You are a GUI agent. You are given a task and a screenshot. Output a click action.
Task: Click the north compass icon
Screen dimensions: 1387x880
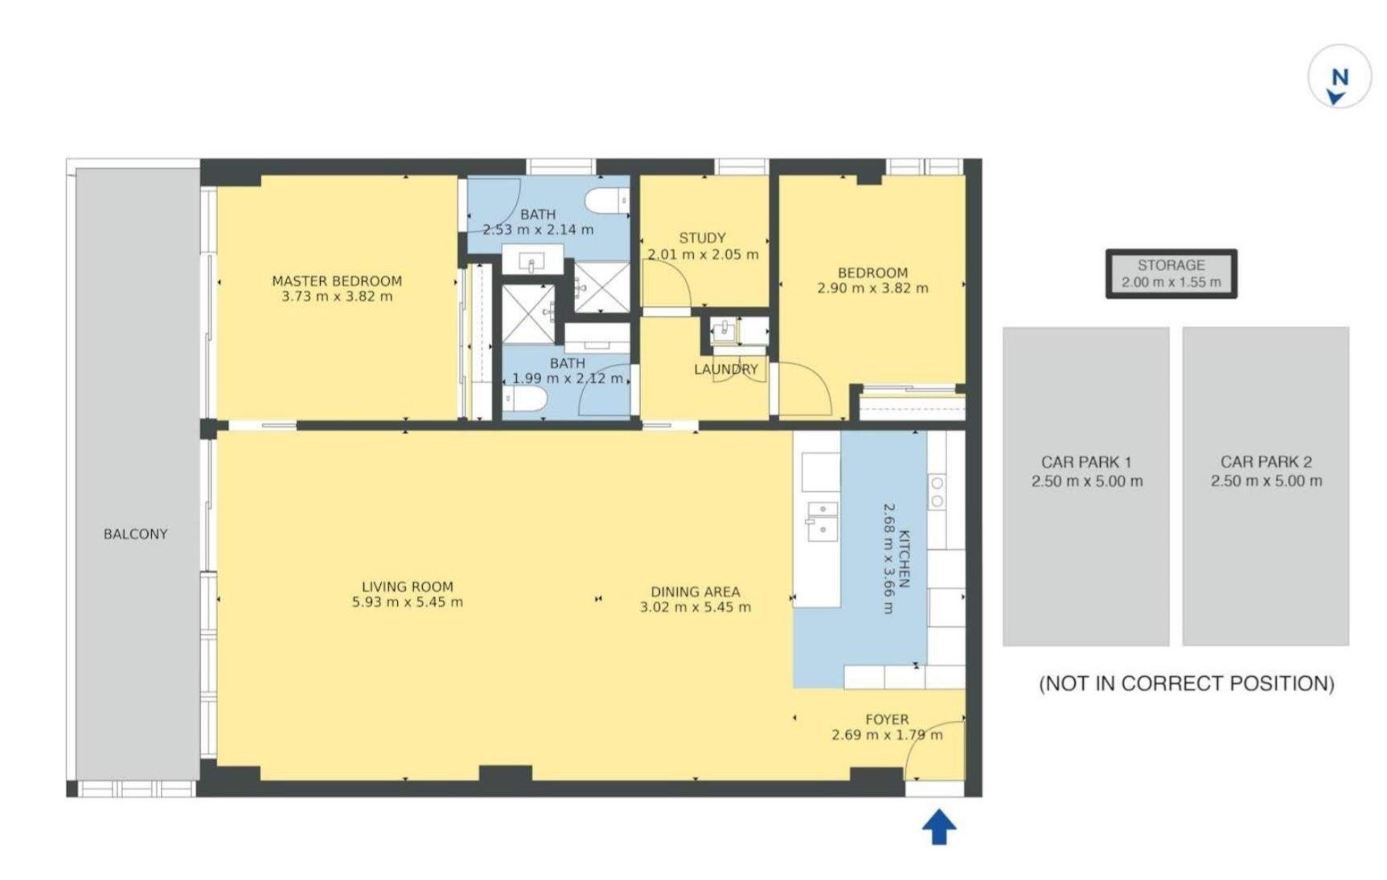[1340, 77]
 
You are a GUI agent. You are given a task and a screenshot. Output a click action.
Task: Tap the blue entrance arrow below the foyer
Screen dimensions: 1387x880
[938, 827]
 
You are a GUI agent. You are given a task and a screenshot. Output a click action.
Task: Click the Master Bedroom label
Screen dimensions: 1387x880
[337, 281]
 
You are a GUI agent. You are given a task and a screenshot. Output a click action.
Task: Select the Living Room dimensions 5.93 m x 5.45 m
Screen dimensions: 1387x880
[408, 602]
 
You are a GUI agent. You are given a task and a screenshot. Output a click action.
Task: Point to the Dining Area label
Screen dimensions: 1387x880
[696, 591]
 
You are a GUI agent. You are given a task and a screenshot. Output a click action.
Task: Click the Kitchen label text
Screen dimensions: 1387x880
[905, 559]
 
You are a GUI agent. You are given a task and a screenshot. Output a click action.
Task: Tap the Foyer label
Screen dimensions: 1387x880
[887, 719]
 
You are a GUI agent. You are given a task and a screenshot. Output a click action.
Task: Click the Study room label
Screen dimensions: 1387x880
[703, 238]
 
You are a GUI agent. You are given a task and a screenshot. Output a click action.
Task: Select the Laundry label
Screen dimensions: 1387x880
[726, 370]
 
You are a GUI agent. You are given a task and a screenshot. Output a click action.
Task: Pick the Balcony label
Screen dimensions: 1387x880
[136, 534]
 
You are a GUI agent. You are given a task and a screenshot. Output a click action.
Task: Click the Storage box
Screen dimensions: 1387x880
[1172, 274]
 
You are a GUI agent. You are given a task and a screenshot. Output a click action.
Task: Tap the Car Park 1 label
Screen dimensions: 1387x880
[1086, 462]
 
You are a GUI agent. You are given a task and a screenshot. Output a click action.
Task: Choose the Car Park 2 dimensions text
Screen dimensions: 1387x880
[1266, 481]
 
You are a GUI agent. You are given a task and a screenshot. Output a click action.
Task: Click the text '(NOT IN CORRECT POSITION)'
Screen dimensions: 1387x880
[1187, 684]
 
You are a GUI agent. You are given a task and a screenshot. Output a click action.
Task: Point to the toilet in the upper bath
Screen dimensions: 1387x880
[607, 201]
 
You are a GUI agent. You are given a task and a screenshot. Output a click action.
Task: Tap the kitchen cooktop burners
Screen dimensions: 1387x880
[938, 492]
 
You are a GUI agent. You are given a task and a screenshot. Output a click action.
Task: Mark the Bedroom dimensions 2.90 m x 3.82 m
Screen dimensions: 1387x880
[872, 288]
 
